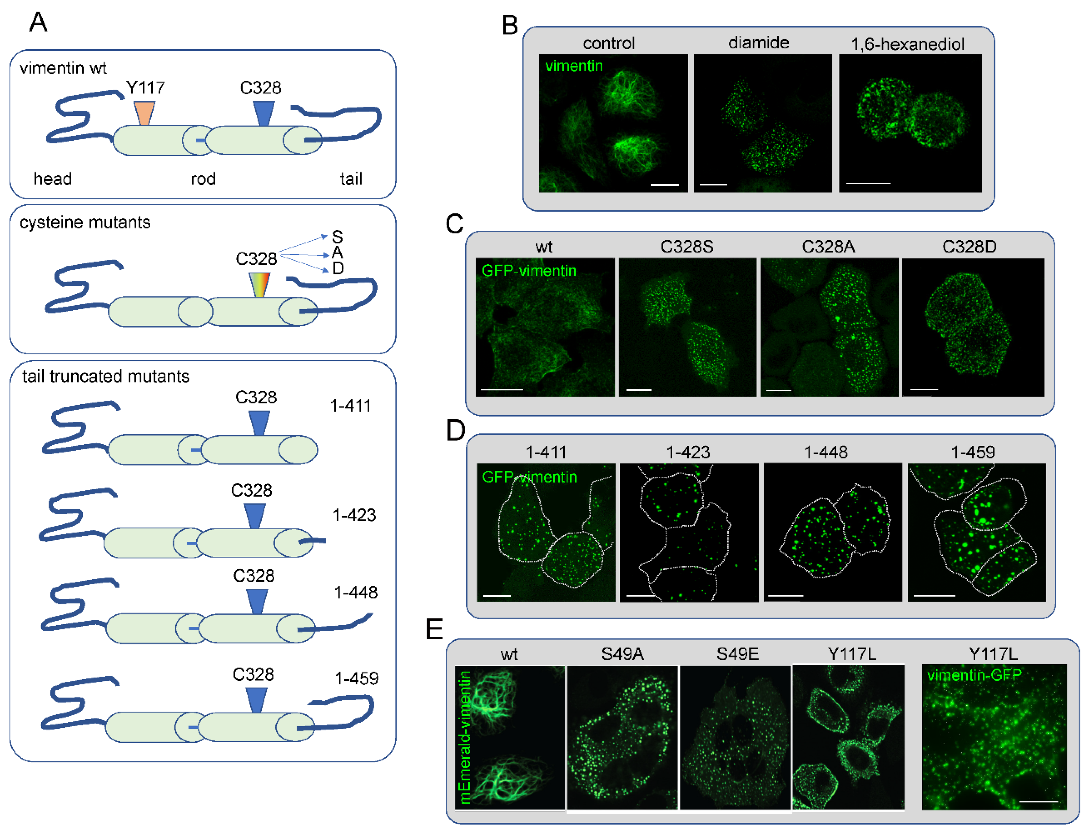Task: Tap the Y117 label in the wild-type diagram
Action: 145,88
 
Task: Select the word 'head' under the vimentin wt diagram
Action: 53,179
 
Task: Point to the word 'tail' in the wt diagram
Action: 351,179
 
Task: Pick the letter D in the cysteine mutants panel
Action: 338,268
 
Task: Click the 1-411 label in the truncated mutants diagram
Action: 350,406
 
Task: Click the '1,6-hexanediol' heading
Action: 907,44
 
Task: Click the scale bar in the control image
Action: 664,185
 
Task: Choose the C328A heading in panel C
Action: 828,247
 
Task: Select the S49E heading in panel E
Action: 737,654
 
